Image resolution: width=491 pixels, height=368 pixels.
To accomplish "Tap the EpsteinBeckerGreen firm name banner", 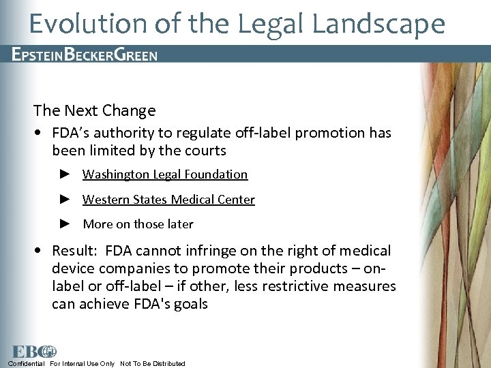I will pyautogui.click(x=85, y=55).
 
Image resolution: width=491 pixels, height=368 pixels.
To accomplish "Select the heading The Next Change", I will pyautogui.click(x=94, y=110).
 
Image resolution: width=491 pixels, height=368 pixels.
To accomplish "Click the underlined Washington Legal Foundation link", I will pyautogui.click(x=165, y=174).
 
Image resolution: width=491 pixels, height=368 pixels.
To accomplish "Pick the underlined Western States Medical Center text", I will pyautogui.click(x=168, y=200).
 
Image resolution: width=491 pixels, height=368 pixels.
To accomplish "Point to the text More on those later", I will pyautogui.click(x=138, y=224).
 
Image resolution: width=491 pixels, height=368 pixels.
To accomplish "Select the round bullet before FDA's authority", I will pyautogui.click(x=42, y=133).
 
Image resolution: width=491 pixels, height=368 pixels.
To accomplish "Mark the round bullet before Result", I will pyautogui.click(x=42, y=251).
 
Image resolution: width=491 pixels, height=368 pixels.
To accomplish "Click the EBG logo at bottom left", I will pyautogui.click(x=33, y=352).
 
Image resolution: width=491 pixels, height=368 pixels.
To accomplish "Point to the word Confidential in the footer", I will pyautogui.click(x=27, y=363).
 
